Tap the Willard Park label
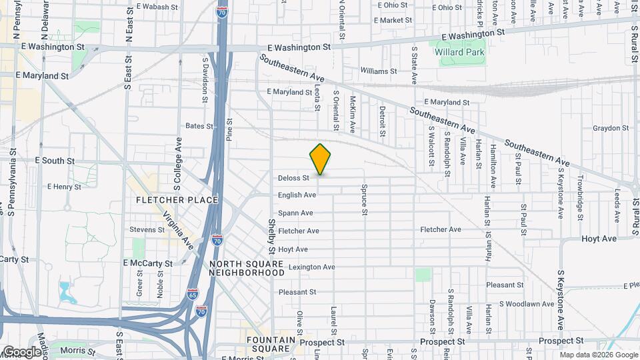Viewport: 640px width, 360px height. point(459,51)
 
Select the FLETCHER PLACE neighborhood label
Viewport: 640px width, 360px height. point(177,200)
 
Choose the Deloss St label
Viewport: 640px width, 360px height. point(294,178)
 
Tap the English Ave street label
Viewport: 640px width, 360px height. point(297,195)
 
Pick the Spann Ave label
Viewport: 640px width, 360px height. point(295,213)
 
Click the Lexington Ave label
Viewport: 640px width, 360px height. point(311,267)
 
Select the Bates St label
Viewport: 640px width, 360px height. point(194,125)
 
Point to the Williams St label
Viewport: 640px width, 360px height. point(378,71)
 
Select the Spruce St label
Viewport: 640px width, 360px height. point(365,200)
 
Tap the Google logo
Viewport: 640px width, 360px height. point(22,351)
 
